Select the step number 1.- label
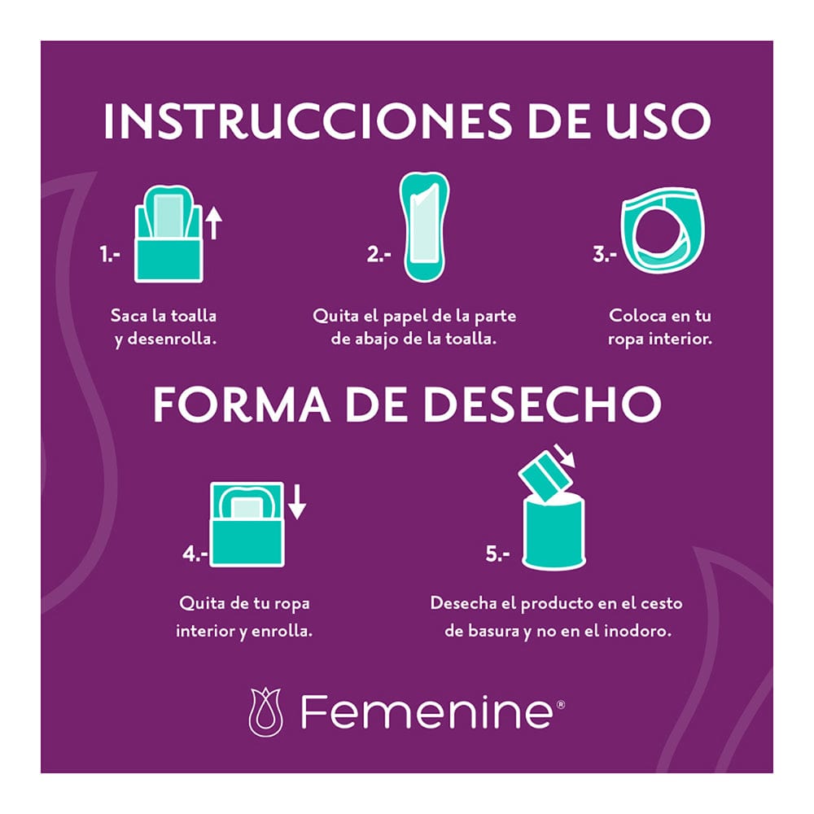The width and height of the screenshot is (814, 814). point(110,255)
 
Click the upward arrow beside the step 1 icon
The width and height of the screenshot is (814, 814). point(213,222)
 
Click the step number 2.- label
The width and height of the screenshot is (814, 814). point(379,255)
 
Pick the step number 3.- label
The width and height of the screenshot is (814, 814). point(603,255)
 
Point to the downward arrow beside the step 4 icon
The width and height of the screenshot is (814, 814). point(297,501)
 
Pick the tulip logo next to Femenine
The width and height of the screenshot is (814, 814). point(266,712)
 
